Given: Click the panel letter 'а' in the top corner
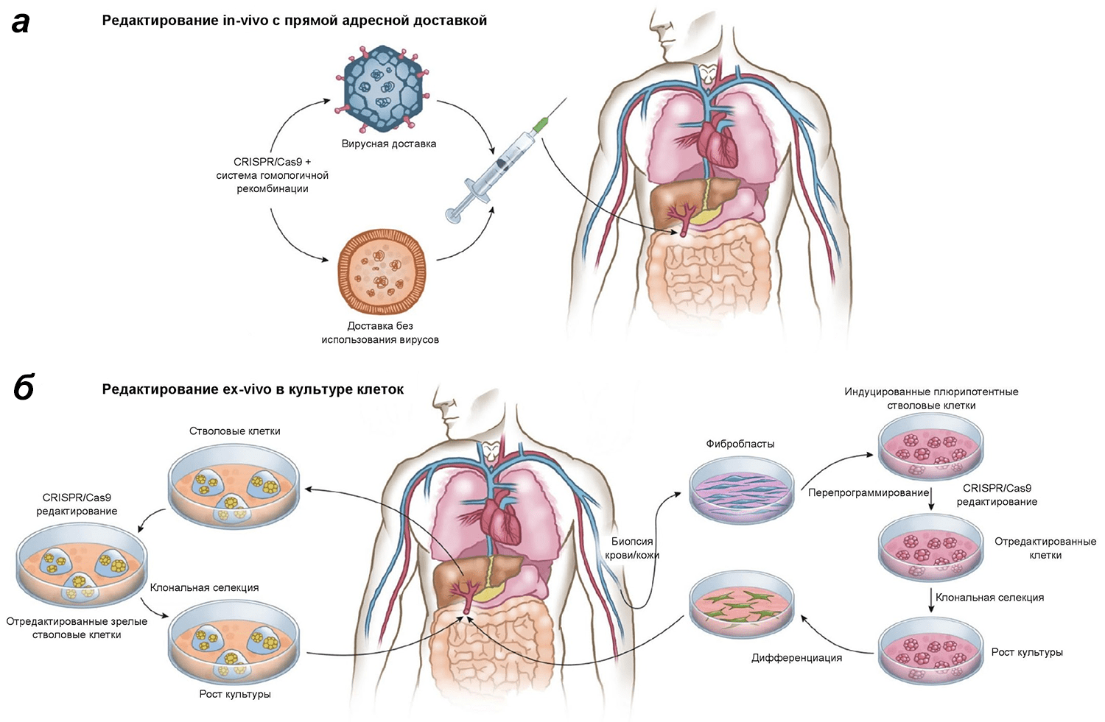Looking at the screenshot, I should [x=21, y=23].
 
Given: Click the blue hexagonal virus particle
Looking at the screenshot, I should [x=382, y=88].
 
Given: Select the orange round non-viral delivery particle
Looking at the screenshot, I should [x=381, y=272].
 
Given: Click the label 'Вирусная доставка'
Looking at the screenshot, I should [x=388, y=144].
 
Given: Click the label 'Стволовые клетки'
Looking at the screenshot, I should [x=234, y=431].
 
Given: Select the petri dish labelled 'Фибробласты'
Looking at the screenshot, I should [x=742, y=488].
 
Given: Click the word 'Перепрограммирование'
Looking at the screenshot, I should [x=868, y=492].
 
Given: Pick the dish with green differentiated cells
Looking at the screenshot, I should [x=742, y=604].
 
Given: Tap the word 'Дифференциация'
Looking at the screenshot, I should [x=796, y=658].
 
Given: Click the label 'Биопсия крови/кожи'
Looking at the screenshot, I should [x=633, y=548].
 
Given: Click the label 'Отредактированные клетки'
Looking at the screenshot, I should [x=1045, y=548].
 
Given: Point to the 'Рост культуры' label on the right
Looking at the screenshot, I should [x=1026, y=652].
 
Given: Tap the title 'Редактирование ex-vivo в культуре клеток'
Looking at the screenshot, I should [x=253, y=389].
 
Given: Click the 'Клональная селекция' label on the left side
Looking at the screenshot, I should [x=204, y=587].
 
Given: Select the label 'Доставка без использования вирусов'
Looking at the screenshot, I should [x=380, y=333].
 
